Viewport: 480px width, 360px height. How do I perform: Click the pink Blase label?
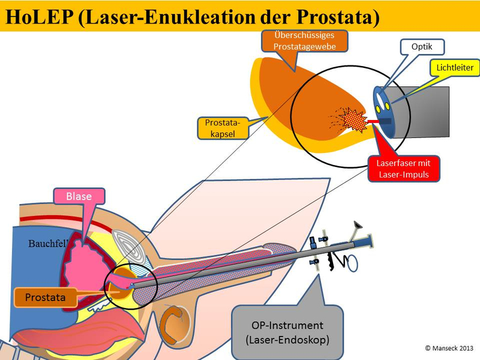pos(79,196)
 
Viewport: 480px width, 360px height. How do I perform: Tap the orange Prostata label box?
pos(46,296)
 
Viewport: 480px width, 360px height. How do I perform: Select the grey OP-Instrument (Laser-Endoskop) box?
pos(287,332)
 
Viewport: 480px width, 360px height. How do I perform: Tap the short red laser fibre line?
pos(373,122)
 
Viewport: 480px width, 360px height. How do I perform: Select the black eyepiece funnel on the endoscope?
pos(357,227)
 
